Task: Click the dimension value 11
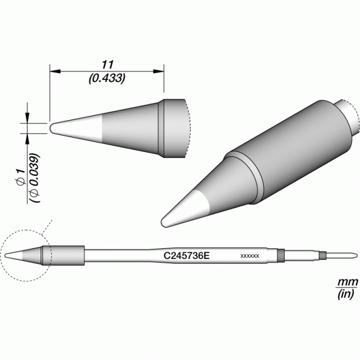(x=107, y=65)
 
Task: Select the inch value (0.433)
(x=107, y=78)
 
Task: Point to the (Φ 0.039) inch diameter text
(x=35, y=178)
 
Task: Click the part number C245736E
(x=186, y=256)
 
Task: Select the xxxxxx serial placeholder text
(x=249, y=256)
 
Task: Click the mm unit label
(x=347, y=282)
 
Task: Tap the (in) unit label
(x=346, y=294)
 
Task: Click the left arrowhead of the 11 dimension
(x=55, y=71)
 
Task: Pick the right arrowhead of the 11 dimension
(x=159, y=71)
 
